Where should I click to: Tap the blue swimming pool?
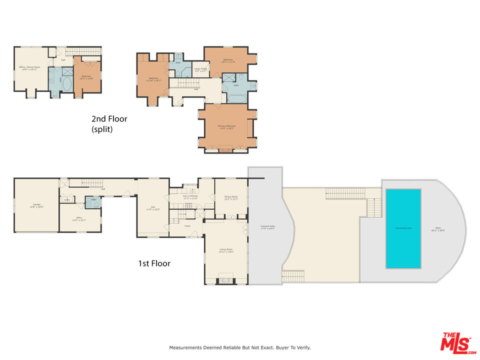402,228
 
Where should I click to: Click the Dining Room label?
230,197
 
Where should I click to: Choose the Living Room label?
226,250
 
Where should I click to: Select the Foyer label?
187,226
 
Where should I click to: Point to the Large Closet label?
200,69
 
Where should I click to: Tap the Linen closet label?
67,200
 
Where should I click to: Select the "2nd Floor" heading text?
109,119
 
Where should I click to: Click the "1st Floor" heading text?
154,263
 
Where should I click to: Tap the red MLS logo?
456,342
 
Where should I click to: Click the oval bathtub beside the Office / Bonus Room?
67,83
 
